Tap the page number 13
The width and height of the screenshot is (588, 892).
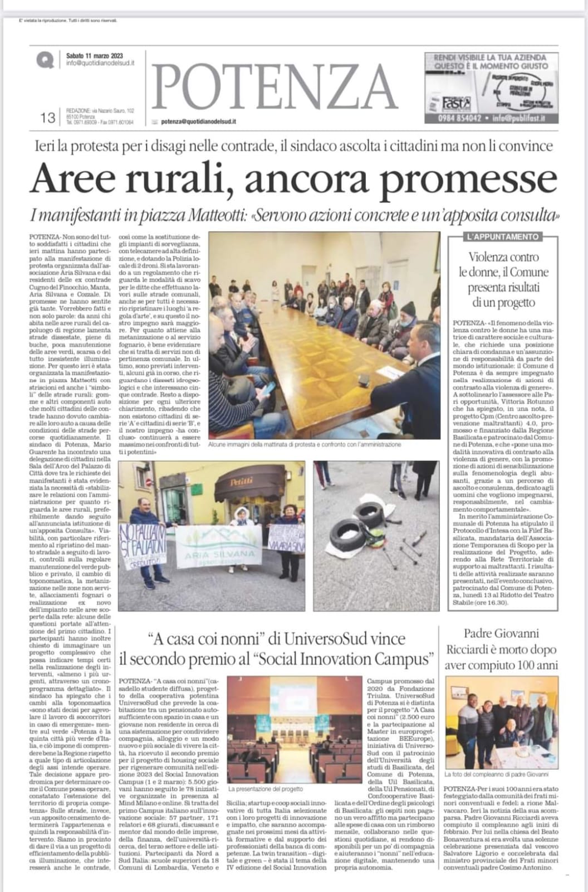tap(48, 118)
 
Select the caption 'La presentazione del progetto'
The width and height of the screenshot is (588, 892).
tap(266, 789)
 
